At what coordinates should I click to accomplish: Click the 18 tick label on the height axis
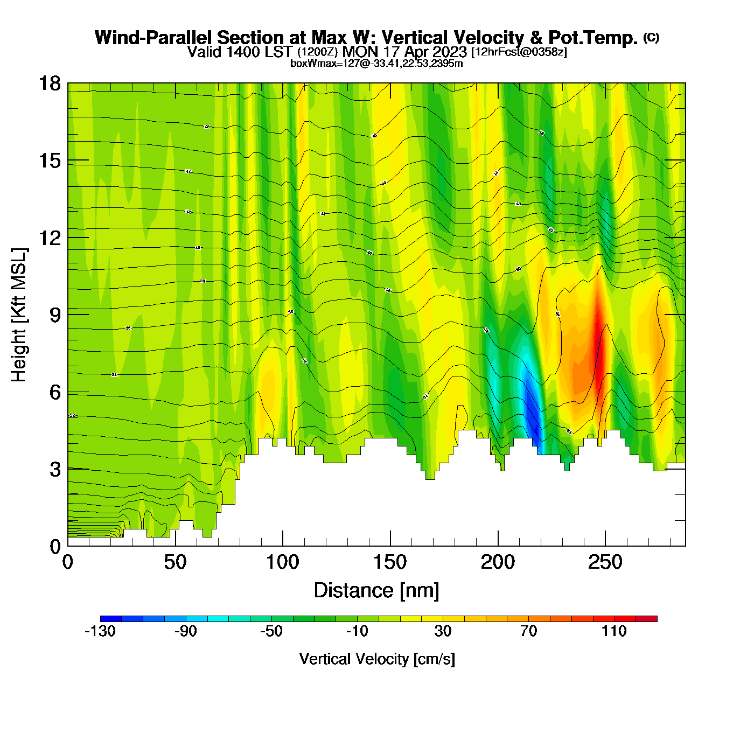[49, 83]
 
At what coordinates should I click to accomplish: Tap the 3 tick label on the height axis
[55, 470]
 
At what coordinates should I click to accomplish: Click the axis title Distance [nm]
[376, 591]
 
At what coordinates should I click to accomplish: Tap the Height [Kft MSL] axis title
[19, 315]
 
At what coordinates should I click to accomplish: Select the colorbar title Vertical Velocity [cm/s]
[377, 659]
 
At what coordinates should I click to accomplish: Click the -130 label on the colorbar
[100, 631]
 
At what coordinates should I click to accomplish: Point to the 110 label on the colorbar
[614, 631]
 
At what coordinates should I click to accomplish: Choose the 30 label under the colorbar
[443, 631]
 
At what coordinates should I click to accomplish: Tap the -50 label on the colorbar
[271, 631]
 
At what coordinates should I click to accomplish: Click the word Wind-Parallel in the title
[154, 38]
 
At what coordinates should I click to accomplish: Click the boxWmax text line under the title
[376, 64]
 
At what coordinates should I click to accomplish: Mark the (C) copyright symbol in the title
[651, 37]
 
